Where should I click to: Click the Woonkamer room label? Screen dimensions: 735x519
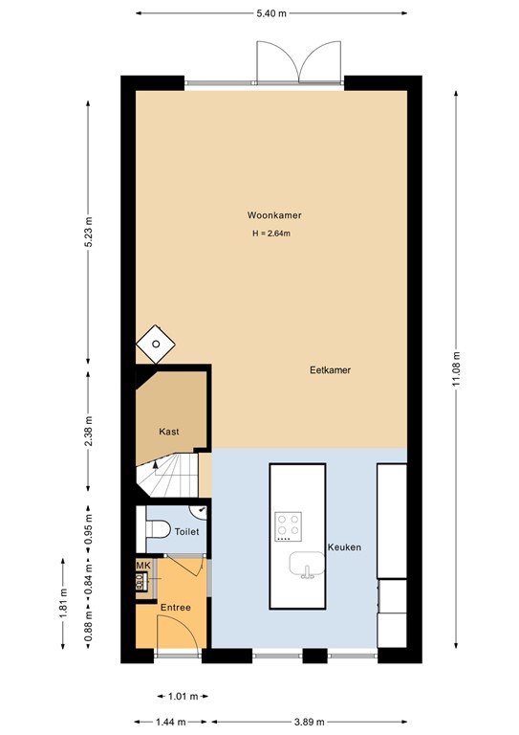268,215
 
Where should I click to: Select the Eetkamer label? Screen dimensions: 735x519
330,369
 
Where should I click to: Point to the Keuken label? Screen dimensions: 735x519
343,547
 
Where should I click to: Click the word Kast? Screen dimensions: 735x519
168,432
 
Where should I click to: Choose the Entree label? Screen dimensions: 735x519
175,607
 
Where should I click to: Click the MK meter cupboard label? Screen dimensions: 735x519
141,567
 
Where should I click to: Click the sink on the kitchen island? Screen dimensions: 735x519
306,567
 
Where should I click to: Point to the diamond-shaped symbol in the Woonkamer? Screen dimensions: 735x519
154,344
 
